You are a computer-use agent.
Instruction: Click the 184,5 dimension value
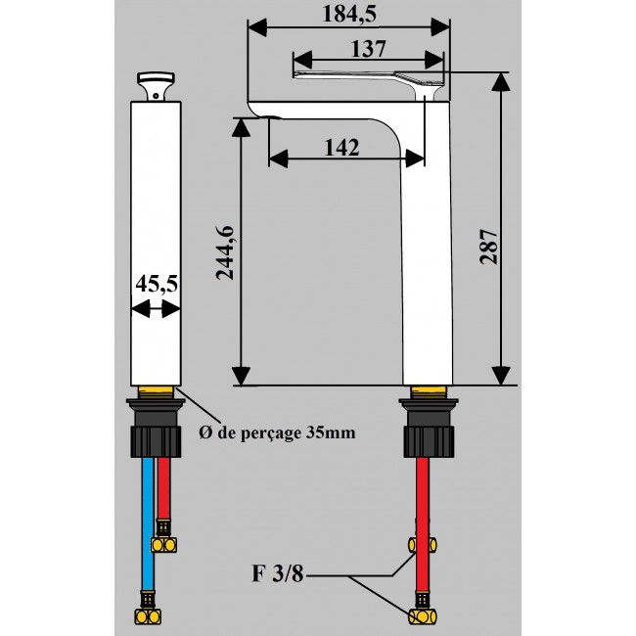coord(349,13)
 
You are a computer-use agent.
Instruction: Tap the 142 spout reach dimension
coord(340,147)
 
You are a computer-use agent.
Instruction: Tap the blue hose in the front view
coord(147,519)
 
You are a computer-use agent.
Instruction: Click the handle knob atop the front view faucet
coord(157,82)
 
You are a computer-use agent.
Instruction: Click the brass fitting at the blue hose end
coord(147,616)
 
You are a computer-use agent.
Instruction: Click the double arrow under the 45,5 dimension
coord(156,309)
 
